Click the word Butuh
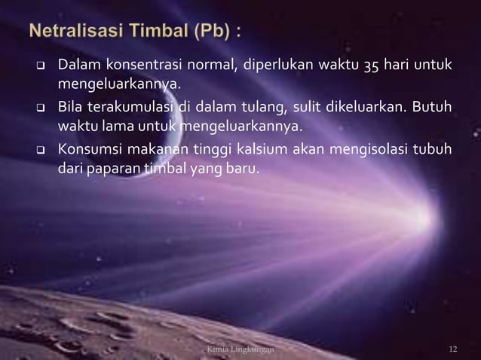tap(434, 107)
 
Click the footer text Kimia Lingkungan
tap(240, 350)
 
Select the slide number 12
tap(453, 350)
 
